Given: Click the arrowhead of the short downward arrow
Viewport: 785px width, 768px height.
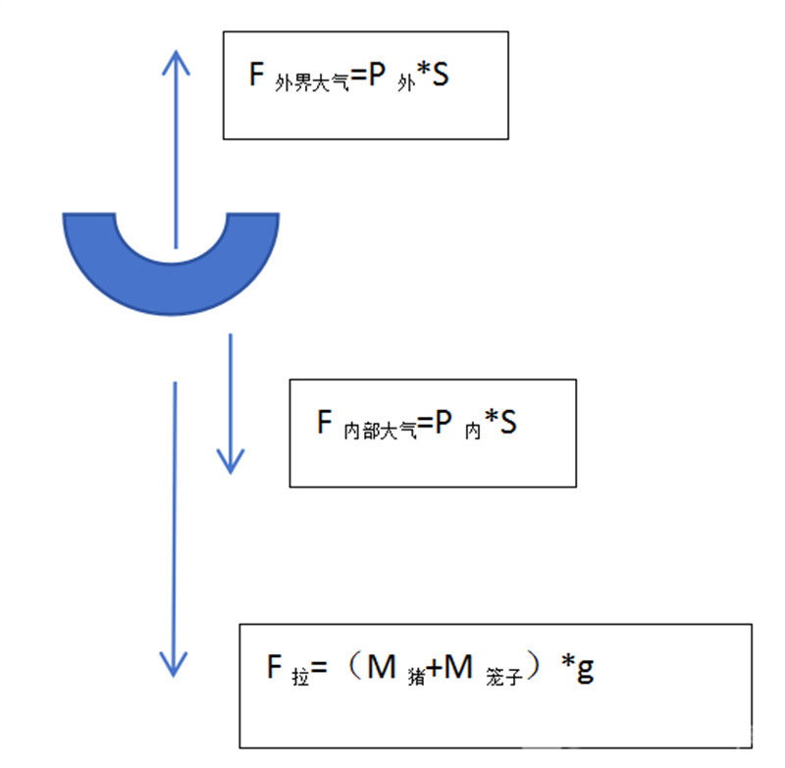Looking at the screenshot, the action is (x=231, y=461).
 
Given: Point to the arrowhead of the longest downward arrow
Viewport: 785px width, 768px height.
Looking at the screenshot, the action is (x=174, y=664).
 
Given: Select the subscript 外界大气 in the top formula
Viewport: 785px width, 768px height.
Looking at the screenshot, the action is (x=311, y=82).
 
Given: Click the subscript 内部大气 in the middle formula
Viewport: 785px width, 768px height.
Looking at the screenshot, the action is (x=380, y=431).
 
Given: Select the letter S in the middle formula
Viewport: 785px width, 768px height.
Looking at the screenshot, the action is (x=507, y=422).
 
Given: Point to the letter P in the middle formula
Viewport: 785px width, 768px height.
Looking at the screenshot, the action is (x=444, y=422).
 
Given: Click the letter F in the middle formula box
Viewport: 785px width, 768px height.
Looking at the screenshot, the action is (x=325, y=422).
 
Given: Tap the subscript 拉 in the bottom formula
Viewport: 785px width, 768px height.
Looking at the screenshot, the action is (x=300, y=676).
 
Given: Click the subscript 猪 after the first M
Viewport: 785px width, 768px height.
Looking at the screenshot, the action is (x=416, y=676).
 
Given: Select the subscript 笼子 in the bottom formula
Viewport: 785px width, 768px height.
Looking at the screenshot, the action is (x=504, y=676).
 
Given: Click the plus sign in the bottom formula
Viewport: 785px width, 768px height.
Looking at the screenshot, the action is (x=435, y=667).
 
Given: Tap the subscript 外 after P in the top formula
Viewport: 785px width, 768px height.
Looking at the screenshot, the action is (x=406, y=83).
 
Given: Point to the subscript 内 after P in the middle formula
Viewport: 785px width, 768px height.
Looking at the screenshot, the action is (x=473, y=431).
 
